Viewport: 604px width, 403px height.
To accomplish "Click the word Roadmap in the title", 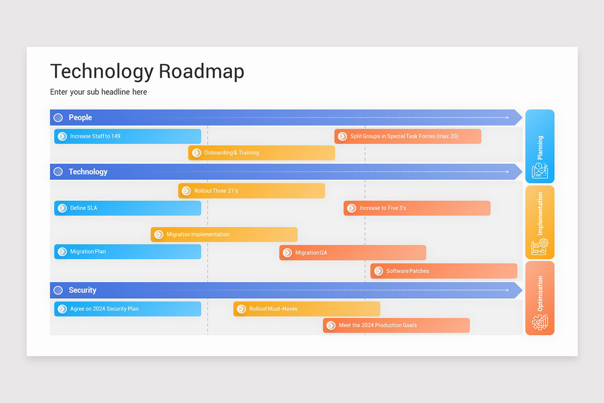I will pos(201,72).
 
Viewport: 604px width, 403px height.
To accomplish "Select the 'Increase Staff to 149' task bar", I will pos(128,136).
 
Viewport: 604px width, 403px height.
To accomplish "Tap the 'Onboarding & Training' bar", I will pos(262,153).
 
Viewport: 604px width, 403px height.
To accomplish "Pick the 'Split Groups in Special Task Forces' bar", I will pos(408,136).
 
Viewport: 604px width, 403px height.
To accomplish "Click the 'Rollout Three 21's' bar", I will pos(252,191).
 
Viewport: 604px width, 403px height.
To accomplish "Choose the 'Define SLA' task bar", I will pos(128,208).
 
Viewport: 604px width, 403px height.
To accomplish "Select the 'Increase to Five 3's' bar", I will pos(417,208).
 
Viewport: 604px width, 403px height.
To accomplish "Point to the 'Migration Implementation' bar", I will pos(224,234).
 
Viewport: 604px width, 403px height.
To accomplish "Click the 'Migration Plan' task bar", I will pos(128,251).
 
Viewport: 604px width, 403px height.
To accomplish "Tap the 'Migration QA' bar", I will pos(352,252).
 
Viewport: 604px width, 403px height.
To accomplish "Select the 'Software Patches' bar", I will pos(443,271).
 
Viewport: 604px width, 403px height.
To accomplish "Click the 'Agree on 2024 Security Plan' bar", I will pos(128,309).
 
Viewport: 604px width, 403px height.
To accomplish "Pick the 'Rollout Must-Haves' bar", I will pos(307,309).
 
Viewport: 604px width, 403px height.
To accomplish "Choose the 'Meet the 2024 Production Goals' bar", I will pos(396,325).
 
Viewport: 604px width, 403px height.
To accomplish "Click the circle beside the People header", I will pos(58,117).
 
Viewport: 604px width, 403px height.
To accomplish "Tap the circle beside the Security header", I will pos(58,290).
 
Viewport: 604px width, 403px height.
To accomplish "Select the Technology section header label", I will pos(88,172).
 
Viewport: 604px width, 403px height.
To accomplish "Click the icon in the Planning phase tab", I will pos(540,170).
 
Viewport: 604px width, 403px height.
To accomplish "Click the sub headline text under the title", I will pos(99,92).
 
